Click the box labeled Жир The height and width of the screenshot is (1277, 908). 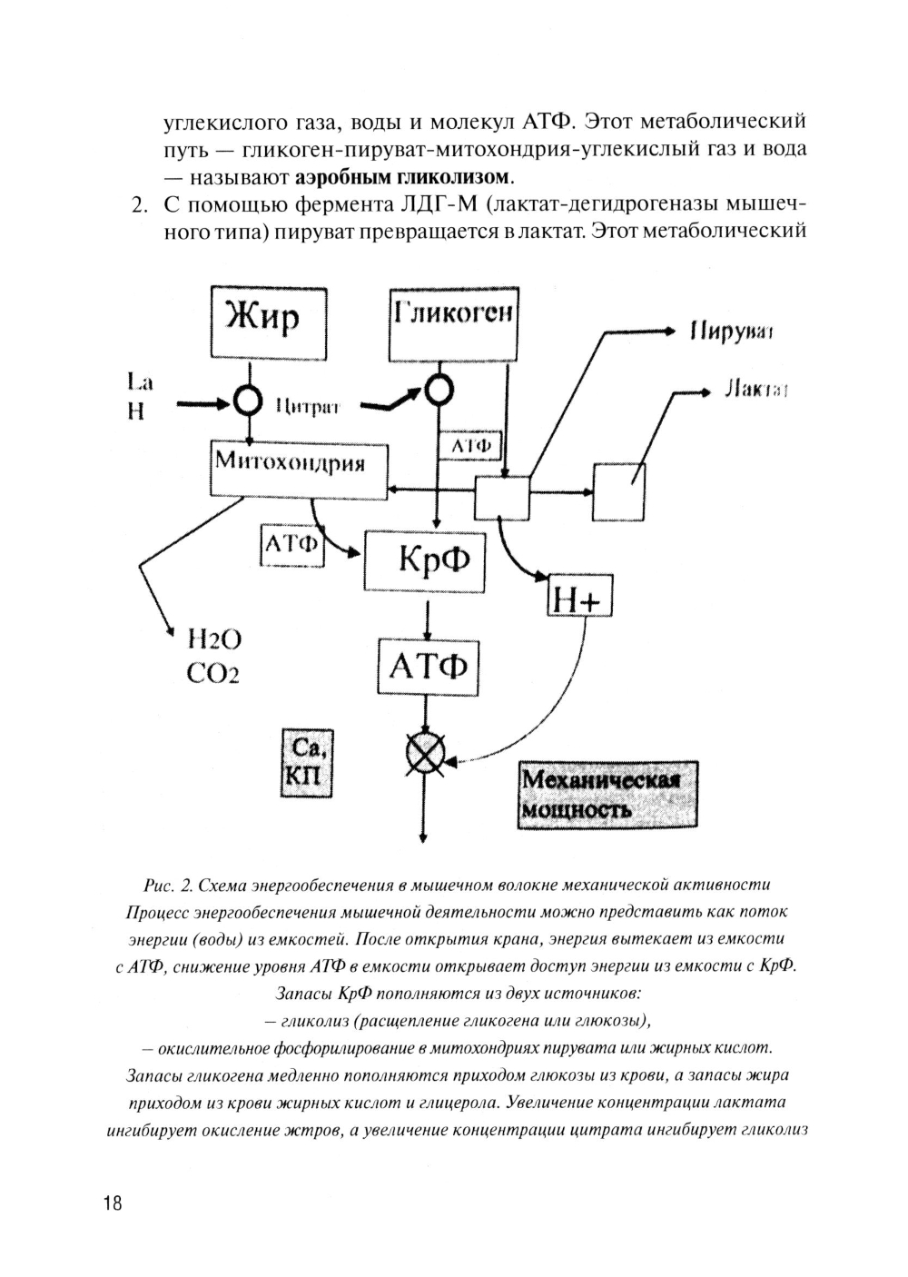268,321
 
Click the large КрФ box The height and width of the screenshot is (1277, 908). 424,560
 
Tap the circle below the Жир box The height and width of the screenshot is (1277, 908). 248,397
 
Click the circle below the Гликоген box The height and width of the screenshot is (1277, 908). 439,391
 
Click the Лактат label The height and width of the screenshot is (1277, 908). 755,391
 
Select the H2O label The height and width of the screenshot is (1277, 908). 213,640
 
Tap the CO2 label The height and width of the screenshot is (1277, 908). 213,674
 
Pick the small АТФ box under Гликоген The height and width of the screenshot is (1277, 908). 469,445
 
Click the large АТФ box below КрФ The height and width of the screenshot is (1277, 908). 428,668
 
